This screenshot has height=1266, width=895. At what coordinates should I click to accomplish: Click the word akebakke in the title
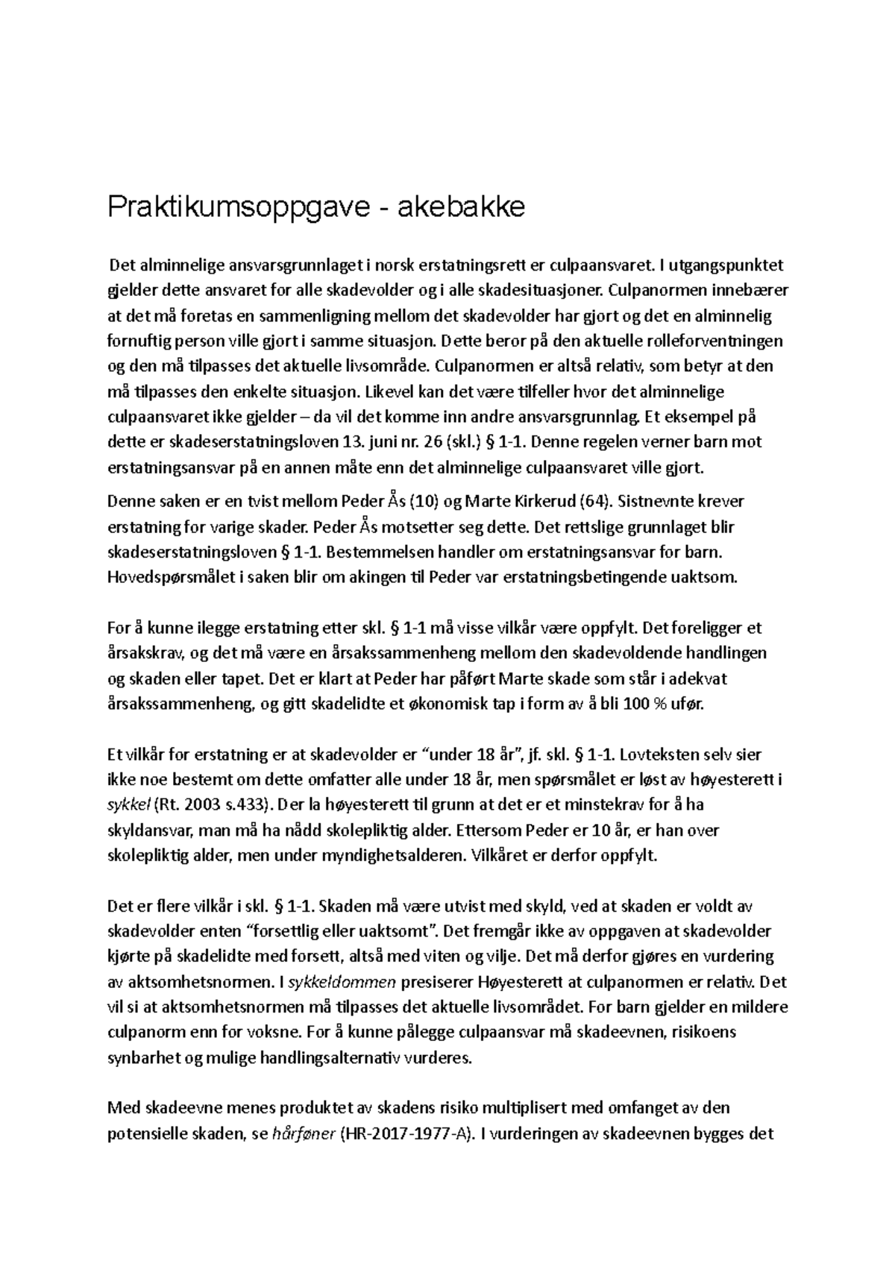pos(459,207)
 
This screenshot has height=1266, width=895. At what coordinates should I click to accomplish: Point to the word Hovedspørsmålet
pos(170,578)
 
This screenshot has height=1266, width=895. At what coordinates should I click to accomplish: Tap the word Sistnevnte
pos(657,501)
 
